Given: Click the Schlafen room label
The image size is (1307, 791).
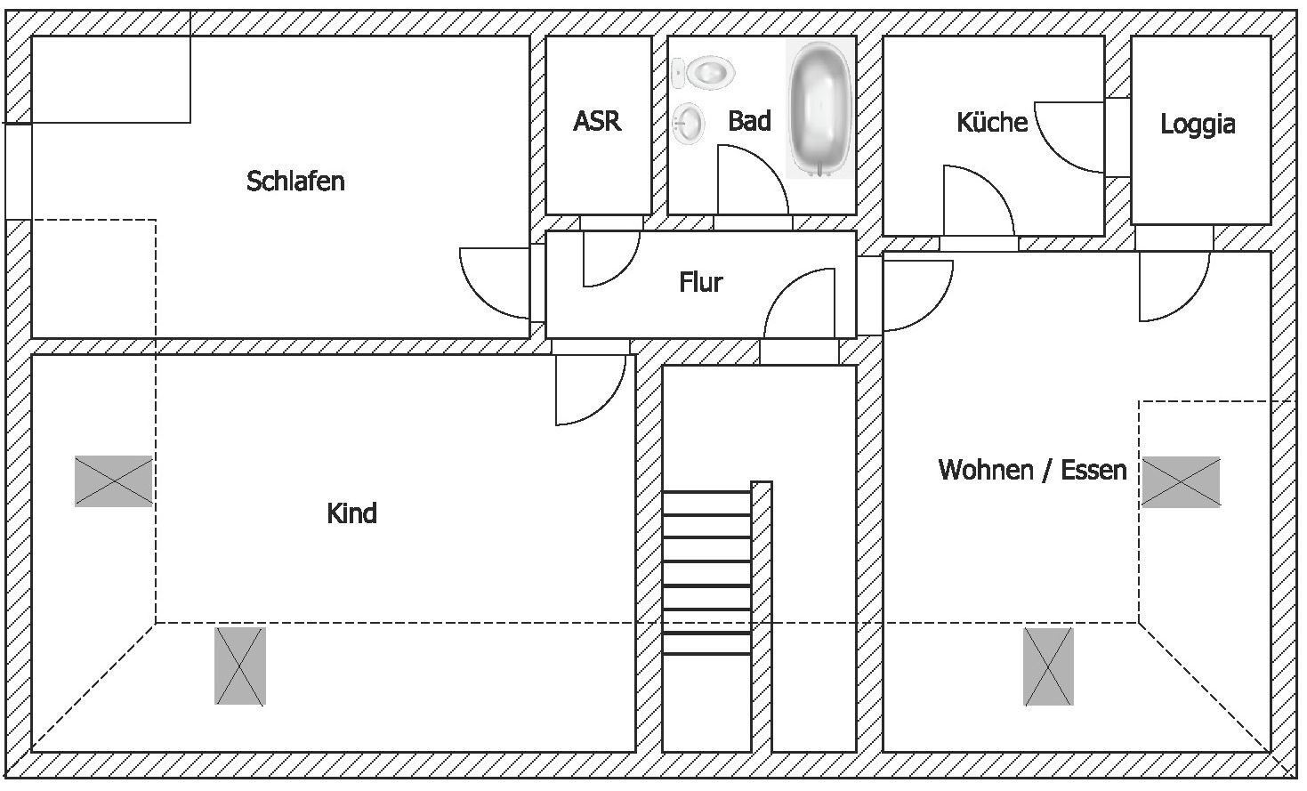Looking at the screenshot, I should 295,182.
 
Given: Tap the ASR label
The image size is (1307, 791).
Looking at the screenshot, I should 596,121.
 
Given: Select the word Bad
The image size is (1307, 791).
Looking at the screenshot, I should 749,121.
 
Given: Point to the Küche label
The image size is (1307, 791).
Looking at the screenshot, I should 992,122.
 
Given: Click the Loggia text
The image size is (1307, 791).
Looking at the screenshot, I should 1198,124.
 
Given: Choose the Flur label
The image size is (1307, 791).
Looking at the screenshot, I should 700,283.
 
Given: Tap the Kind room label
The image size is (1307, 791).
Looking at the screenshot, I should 351,513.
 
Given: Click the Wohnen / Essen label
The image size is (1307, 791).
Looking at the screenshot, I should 1032,470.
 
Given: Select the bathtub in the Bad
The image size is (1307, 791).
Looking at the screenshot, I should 819,107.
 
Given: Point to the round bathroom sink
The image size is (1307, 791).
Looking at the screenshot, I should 688,123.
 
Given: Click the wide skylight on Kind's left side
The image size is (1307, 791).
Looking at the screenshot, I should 114,481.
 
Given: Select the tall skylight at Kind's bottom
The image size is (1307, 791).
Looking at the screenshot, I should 240,666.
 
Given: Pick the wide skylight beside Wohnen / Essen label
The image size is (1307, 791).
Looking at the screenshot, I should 1181,482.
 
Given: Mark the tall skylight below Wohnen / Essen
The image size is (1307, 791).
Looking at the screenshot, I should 1048,666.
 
